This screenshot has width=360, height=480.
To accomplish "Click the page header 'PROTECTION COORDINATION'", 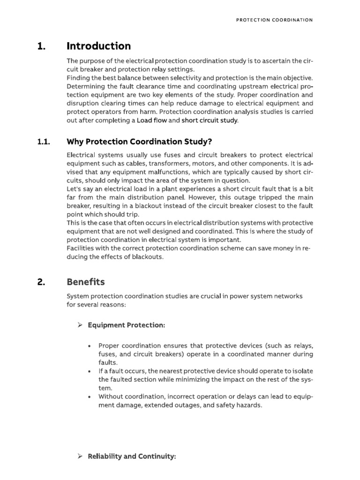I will click(274, 20).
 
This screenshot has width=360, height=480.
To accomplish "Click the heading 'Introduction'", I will click(98, 46).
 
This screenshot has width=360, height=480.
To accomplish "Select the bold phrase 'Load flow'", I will click(151, 120).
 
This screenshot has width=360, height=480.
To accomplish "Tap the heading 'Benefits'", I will click(86, 282).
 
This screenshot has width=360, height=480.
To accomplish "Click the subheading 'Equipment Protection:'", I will click(126, 325).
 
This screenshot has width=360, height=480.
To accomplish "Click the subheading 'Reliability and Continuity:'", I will click(132, 456).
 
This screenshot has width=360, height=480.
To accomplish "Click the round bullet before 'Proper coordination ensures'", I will click(89, 346).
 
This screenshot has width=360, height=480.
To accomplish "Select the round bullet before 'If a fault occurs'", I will click(89, 371).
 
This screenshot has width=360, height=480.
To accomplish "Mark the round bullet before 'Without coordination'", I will click(89, 397).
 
